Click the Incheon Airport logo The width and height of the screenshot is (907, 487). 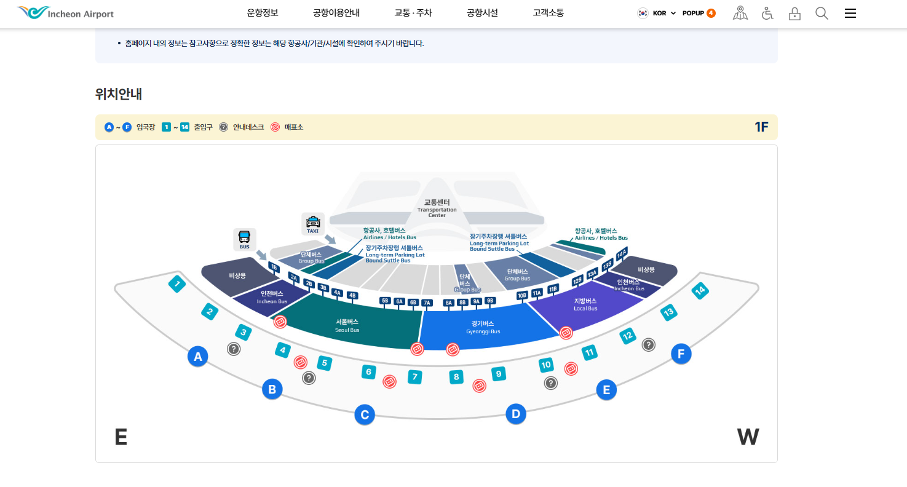65,13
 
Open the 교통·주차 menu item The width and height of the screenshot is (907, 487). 413,13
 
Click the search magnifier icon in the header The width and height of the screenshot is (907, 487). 822,13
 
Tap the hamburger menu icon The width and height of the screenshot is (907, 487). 850,13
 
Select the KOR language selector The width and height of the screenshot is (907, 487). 657,13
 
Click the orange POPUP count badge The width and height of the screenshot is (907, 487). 711,13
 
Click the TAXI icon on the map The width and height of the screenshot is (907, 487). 313,224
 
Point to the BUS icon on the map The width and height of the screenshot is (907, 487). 244,239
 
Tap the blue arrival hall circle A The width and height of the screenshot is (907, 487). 197,356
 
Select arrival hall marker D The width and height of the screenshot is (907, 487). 515,414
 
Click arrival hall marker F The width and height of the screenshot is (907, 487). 681,354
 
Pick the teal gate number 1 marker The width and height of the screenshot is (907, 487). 177,284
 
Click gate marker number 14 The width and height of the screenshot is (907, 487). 699,290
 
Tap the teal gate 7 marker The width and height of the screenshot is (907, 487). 415,376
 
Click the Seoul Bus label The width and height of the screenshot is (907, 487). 347,325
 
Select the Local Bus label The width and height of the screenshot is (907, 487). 585,304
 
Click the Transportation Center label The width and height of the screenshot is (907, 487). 437,208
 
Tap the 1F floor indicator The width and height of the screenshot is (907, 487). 761,127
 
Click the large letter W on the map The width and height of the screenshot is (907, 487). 748,437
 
